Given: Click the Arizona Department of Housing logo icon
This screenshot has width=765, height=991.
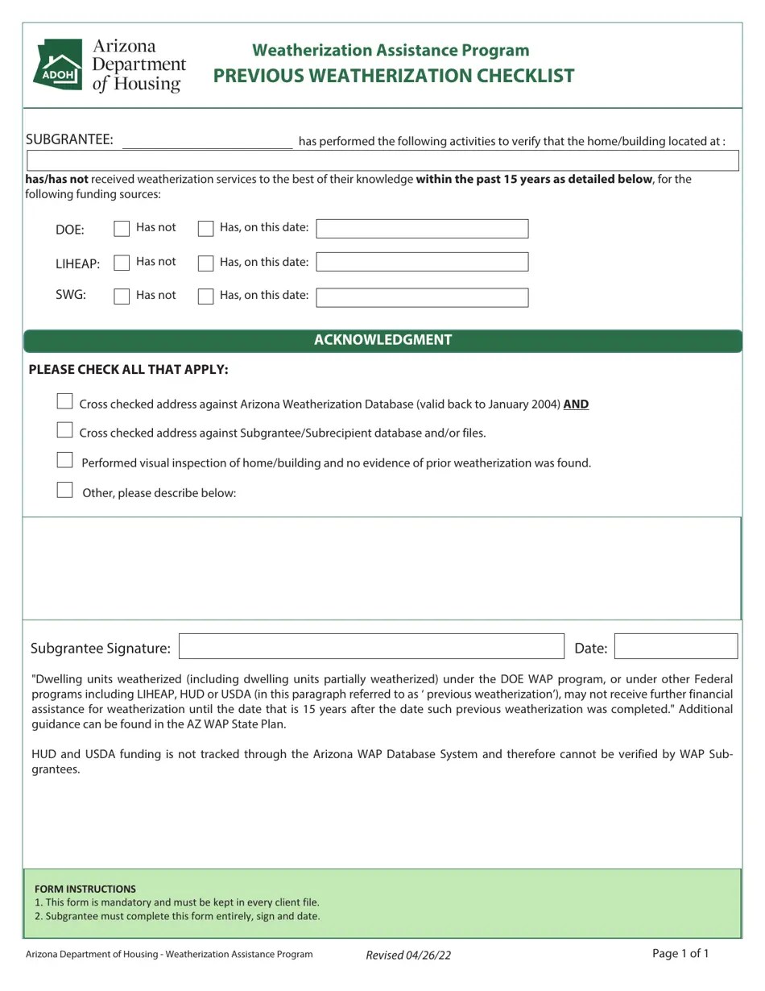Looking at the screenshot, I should tap(57, 64).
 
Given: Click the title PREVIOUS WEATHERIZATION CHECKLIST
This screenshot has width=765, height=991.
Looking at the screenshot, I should tap(393, 76).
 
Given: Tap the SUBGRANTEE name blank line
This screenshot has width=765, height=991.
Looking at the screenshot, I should tap(207, 142).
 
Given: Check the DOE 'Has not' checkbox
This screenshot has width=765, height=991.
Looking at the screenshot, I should tap(122, 229).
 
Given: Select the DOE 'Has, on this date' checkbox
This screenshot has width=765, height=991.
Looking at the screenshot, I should tap(205, 229).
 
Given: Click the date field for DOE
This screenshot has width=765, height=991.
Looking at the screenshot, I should tap(422, 229).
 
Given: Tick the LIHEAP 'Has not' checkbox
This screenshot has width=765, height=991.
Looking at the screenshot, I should tap(122, 263).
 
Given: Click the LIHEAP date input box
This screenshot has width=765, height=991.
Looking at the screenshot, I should tap(422, 262).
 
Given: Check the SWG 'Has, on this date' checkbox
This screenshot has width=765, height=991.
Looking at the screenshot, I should tap(205, 296).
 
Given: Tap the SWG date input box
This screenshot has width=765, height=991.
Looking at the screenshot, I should tap(422, 297).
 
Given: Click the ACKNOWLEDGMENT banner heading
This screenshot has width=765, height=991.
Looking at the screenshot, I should tap(382, 340).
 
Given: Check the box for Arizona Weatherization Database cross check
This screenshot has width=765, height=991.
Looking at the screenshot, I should tap(65, 401).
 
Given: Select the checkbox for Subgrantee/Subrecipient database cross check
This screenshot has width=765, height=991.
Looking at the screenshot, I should tap(65, 430).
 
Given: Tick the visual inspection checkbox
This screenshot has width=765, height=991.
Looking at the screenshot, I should tap(65, 460).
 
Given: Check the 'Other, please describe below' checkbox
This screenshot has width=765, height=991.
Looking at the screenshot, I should tap(65, 490).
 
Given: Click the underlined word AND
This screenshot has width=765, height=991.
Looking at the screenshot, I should tap(576, 404).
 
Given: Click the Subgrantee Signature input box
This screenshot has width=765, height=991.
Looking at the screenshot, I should tap(371, 647).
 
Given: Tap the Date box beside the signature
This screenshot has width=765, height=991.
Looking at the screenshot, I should tap(676, 647).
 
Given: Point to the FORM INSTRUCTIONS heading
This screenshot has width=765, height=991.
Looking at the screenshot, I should tap(85, 889).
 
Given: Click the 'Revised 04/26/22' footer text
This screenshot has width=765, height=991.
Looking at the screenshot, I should tap(408, 955).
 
